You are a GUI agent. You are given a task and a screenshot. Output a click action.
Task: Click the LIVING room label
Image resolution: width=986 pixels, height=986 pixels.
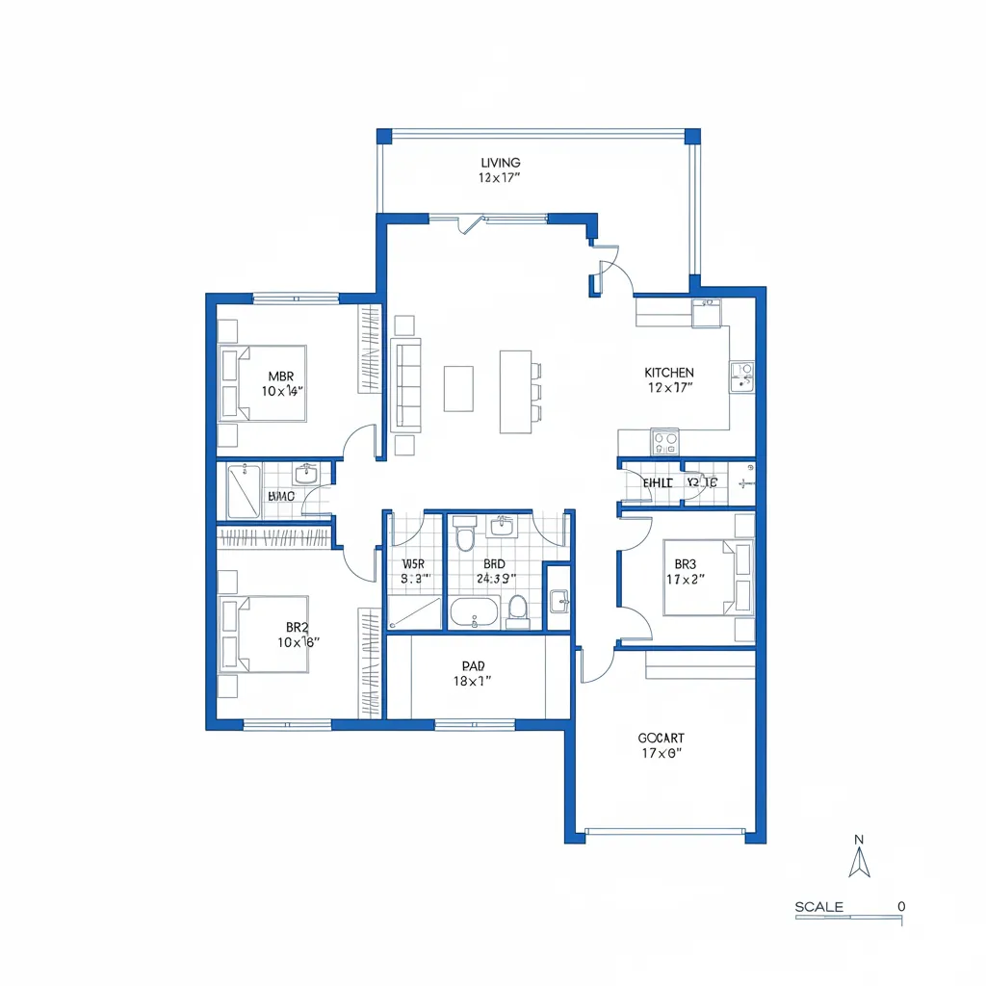[500, 163]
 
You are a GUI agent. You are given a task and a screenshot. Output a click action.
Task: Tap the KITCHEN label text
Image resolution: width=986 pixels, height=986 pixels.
[669, 373]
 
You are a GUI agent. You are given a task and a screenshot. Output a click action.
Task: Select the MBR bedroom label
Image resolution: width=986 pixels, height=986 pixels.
[281, 376]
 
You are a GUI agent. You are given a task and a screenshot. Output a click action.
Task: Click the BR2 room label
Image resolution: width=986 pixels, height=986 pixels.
[297, 626]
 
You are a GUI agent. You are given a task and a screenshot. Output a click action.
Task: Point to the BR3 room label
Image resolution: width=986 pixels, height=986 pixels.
[685, 564]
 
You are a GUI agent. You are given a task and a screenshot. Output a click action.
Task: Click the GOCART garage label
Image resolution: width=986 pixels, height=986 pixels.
[661, 739]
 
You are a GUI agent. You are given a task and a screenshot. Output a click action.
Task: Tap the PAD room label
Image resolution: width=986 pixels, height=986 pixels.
[472, 665]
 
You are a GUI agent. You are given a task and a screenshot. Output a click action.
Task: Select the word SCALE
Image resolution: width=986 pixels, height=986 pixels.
[819, 907]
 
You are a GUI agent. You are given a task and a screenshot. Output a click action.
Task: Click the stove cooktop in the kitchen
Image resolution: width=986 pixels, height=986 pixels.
[664, 442]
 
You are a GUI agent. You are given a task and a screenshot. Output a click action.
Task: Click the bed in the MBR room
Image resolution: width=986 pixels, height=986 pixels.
[262, 383]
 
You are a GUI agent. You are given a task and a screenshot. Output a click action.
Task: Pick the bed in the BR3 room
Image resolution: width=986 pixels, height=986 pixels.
[708, 578]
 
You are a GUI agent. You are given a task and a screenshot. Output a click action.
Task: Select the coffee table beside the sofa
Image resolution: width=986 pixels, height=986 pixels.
[458, 388]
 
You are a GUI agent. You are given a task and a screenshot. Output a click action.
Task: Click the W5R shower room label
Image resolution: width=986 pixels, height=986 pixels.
[413, 563]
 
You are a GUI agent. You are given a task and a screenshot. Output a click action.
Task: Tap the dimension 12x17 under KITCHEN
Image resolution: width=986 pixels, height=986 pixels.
[669, 388]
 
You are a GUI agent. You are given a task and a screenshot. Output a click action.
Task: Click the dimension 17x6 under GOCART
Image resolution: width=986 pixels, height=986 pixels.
[661, 754]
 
